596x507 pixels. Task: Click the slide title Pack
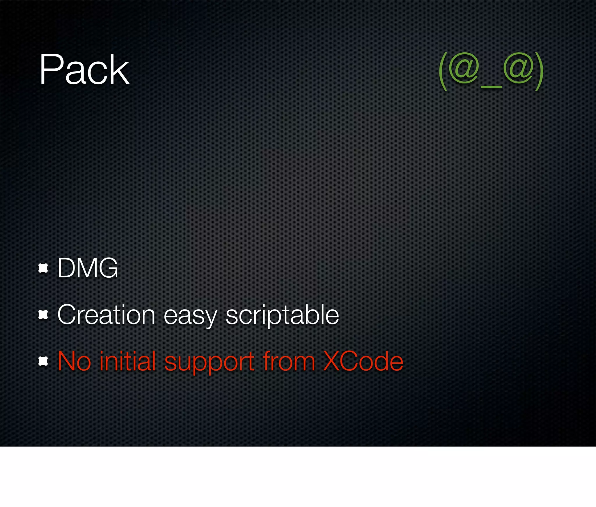coord(84,70)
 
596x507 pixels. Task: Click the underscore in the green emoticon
coord(491,87)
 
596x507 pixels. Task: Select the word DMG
coord(88,268)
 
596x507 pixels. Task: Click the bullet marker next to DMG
coord(43,268)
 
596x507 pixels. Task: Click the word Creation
coord(106,315)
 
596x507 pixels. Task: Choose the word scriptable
coord(282,315)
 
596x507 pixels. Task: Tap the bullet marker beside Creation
coord(43,315)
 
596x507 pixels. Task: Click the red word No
coord(74,361)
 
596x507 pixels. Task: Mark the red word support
coord(209,363)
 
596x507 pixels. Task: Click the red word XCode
coord(363,361)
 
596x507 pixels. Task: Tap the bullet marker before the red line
coord(43,361)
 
